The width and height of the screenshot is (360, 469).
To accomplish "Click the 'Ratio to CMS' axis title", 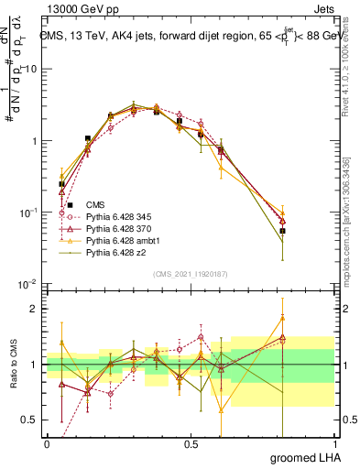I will point(12,365).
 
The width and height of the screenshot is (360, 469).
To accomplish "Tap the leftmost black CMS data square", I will point(61,184).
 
